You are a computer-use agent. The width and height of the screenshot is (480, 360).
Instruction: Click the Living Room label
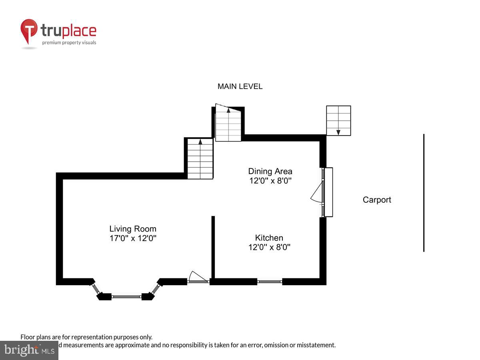tap(133, 229)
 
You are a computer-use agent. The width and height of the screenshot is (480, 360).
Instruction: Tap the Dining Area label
tap(270, 172)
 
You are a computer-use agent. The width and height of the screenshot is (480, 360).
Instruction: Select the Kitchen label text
tap(269, 238)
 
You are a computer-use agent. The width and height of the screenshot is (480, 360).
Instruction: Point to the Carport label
tap(377, 200)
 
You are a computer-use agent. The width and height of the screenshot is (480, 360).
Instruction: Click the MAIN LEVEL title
tap(240, 86)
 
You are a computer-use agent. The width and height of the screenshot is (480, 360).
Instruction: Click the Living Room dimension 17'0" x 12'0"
tap(133, 238)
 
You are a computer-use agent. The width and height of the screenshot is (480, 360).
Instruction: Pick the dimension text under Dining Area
tap(270, 181)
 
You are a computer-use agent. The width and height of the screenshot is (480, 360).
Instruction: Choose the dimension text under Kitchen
tap(269, 247)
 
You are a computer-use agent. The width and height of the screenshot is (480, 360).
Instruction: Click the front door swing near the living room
tap(197, 277)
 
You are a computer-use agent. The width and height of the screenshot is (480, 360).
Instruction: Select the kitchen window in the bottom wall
tap(270, 282)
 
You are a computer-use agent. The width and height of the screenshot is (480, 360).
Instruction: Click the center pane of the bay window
tap(126, 296)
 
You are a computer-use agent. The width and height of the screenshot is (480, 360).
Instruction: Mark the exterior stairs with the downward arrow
tap(338, 120)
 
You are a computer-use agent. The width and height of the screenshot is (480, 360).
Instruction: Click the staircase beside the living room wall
tap(200, 158)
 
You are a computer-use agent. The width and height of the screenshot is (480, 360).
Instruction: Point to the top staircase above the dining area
tap(228, 124)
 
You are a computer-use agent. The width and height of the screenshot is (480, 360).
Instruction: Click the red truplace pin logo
tap(29, 31)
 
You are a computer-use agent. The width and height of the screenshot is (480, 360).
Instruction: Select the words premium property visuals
tap(69, 42)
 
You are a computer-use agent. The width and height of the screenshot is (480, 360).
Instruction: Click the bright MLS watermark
tap(29, 350)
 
